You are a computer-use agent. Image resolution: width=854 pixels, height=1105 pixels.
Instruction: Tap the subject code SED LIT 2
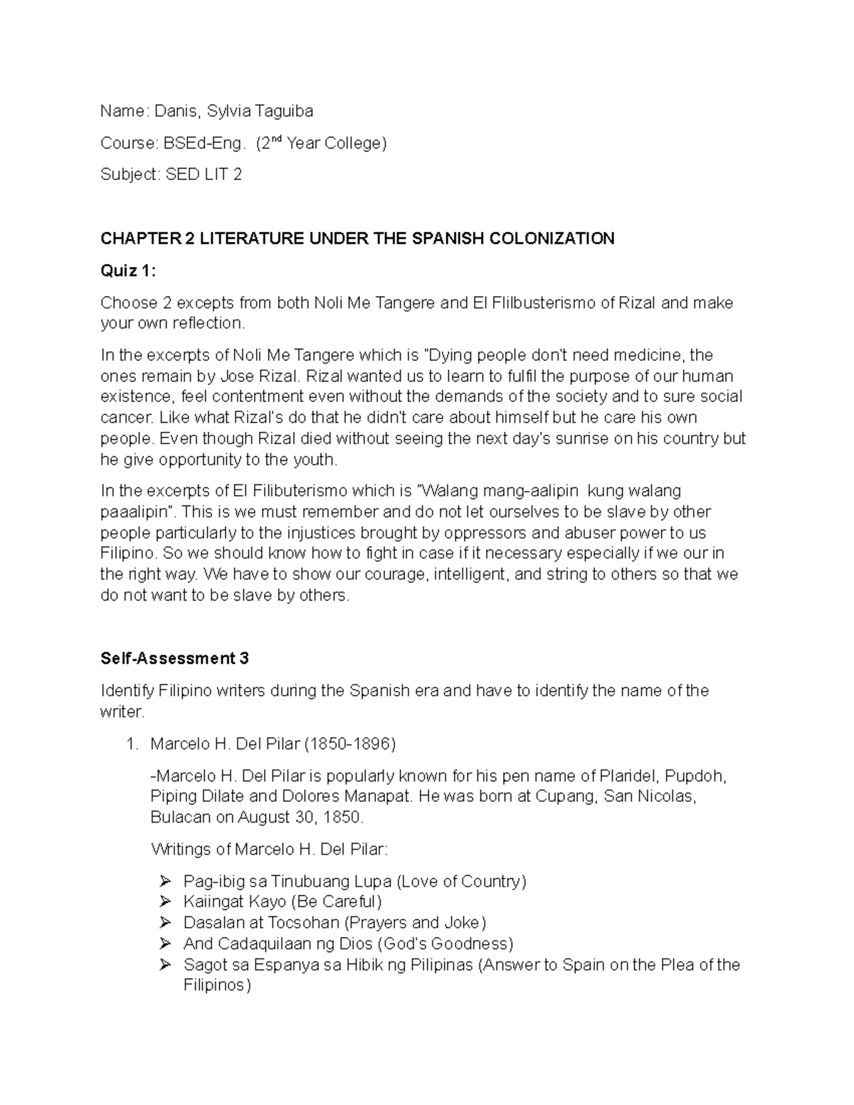pos(204,174)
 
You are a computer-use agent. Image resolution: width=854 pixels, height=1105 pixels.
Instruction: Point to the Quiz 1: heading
pos(127,270)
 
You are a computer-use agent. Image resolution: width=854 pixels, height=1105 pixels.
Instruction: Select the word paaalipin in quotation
pos(139,512)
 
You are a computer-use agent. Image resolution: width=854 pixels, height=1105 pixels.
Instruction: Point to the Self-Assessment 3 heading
pos(174,658)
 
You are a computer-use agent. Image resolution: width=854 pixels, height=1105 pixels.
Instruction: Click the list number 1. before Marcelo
pos(131,744)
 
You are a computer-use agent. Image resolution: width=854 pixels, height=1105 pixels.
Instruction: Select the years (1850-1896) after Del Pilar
pos(349,744)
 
